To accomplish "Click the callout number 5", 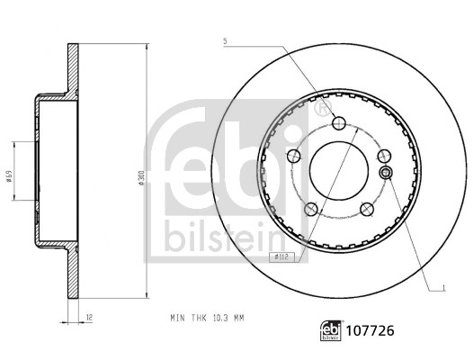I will tap(225, 41).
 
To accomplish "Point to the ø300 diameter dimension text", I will tap(141, 180).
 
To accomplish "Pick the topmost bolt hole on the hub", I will tap(338, 124).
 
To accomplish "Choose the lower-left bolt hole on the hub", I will tap(311, 209).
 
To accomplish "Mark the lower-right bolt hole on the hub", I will tap(365, 209).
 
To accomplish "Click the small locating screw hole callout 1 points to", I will tap(386, 173).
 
